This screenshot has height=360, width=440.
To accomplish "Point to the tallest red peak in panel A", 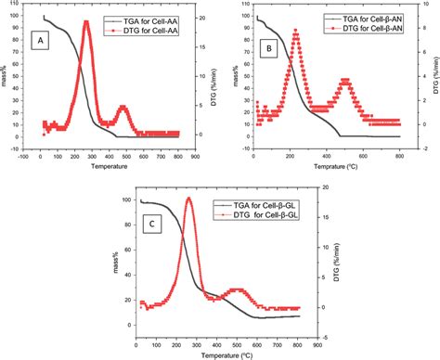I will [86, 22].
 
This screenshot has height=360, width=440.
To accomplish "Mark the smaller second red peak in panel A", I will [123, 107].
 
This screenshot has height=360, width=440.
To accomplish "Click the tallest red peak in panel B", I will [295, 31].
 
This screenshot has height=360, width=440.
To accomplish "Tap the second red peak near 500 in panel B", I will [345, 81].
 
